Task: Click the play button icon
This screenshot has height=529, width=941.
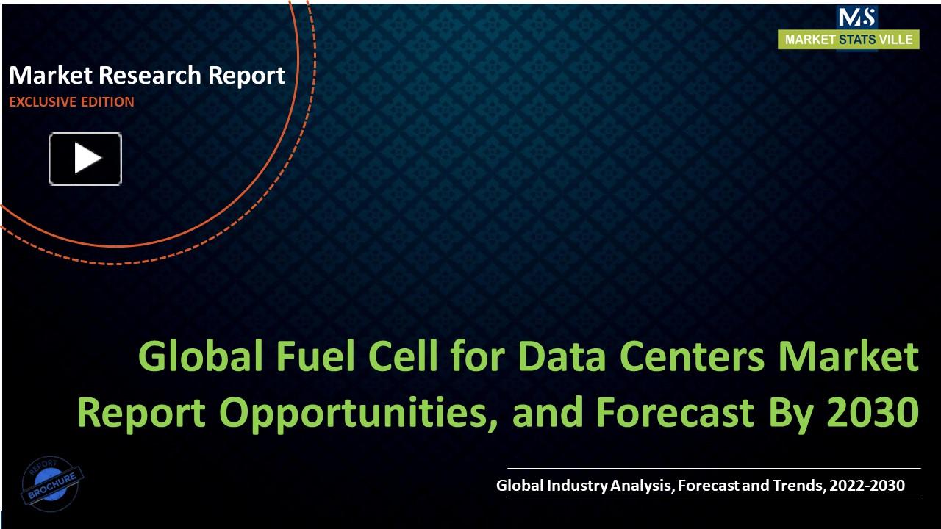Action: click(x=85, y=159)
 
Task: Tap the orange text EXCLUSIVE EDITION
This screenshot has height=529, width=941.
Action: click(x=71, y=102)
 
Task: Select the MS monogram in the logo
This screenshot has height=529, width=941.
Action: click(x=856, y=17)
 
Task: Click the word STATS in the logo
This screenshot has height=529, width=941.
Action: click(x=857, y=40)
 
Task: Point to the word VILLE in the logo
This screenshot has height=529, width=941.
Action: click(x=896, y=40)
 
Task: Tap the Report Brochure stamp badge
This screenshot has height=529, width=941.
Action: click(x=51, y=482)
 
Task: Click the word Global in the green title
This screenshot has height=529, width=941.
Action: click(x=199, y=357)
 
